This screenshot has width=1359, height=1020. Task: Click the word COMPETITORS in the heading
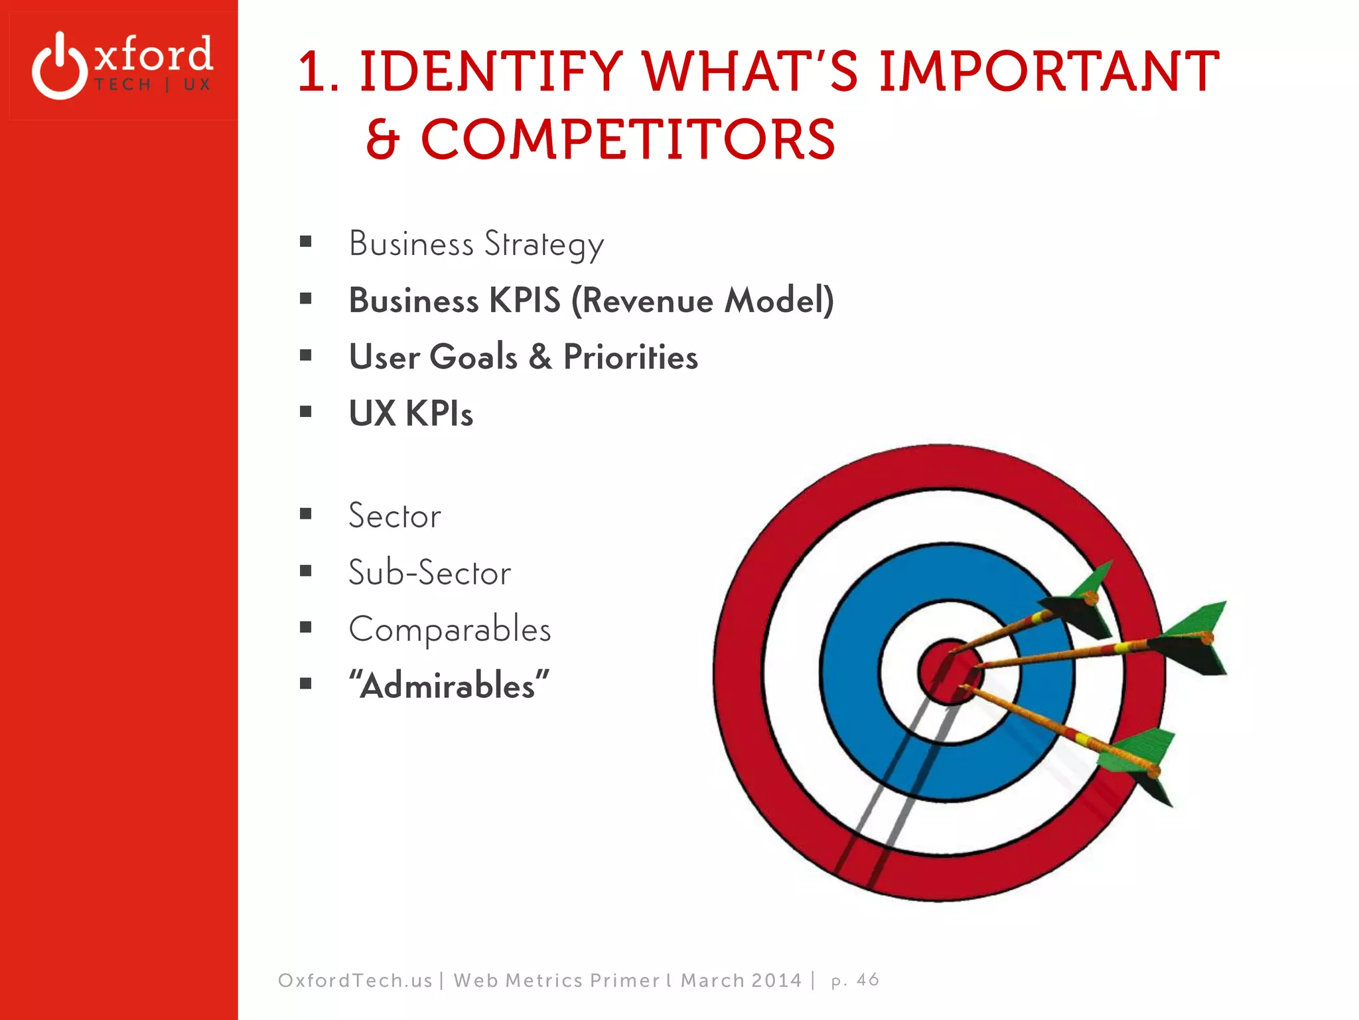pos(628,139)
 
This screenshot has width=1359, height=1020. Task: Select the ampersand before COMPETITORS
pos(383,139)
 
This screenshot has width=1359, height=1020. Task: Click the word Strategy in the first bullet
pos(543,244)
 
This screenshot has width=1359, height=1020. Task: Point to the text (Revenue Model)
pos(702,300)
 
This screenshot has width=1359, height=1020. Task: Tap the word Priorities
pos(630,357)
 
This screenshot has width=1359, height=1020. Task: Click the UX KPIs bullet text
pos(411,413)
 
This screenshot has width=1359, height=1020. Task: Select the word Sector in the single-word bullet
pos(394,516)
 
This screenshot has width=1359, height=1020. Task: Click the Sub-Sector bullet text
pos(429,572)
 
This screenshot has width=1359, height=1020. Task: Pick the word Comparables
pos(449,630)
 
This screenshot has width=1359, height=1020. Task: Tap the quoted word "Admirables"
pos(449,685)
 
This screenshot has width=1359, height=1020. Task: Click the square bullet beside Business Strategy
pos(305,242)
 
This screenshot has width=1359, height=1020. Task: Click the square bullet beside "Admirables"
pos(305,684)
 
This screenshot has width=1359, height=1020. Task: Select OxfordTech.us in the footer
pos(355,981)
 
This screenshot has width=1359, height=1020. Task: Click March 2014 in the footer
pos(741,981)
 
